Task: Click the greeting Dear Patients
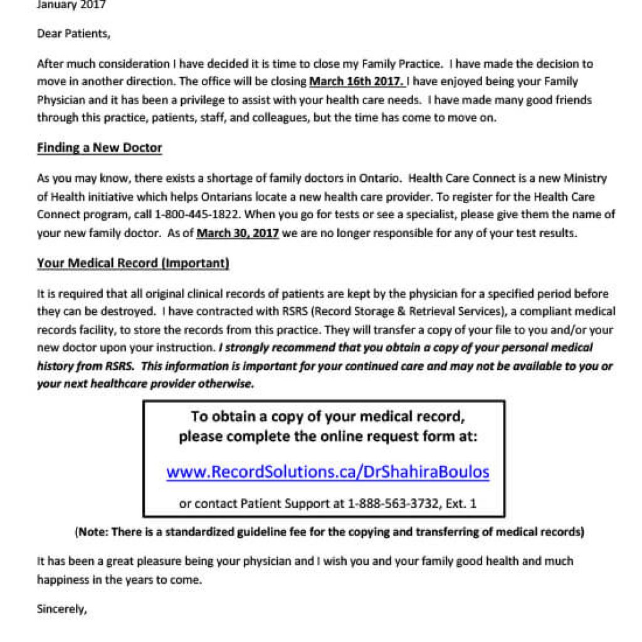(x=73, y=34)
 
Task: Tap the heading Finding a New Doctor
(x=100, y=148)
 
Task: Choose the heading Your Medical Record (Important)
(x=133, y=263)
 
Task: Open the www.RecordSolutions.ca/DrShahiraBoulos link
(x=327, y=471)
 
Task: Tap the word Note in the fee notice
(x=92, y=532)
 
